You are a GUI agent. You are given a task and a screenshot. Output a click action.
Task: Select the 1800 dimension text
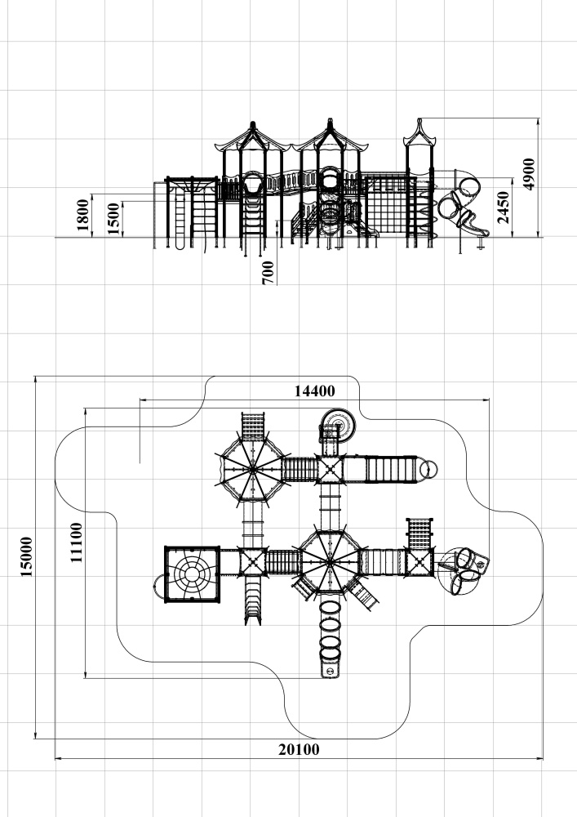(x=82, y=214)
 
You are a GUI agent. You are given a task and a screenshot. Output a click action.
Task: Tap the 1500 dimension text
(x=113, y=217)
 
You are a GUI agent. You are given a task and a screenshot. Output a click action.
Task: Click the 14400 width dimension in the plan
(x=314, y=391)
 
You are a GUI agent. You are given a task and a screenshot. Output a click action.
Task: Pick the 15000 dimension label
(x=26, y=557)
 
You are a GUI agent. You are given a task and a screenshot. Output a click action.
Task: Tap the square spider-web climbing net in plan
(x=192, y=574)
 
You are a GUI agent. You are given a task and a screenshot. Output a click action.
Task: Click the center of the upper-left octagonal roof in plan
(x=252, y=469)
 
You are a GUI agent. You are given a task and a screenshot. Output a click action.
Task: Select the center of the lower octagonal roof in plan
(x=329, y=562)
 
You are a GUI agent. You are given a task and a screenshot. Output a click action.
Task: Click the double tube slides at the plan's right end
(x=463, y=565)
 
